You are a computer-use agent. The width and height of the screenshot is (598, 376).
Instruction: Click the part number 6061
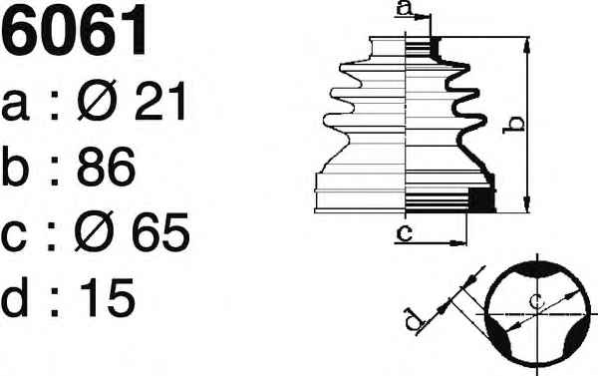point(73,30)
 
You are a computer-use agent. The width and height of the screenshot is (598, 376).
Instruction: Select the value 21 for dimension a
point(160,101)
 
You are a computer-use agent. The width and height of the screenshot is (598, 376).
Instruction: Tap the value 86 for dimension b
point(106,166)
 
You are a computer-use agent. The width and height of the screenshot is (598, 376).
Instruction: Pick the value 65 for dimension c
point(160,232)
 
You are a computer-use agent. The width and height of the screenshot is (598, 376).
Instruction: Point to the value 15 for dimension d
point(108,297)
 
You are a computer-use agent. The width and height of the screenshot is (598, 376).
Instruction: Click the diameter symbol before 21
point(97,101)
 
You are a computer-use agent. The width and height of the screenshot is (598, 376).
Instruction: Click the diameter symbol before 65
point(95,231)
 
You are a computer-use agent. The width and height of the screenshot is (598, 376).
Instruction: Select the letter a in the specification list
point(15,106)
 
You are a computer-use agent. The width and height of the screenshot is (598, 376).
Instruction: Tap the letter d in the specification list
point(15,297)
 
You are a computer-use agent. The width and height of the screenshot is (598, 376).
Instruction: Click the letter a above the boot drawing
point(405,8)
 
